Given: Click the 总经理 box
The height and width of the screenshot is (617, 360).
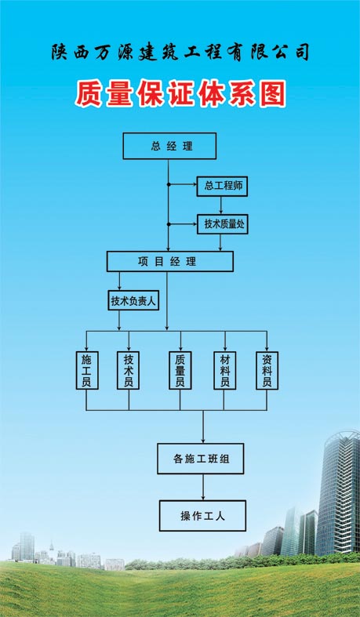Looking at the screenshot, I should point(169,146).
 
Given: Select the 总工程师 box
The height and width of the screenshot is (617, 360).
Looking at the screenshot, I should point(221,186).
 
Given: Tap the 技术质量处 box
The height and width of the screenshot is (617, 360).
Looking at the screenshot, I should point(224,223).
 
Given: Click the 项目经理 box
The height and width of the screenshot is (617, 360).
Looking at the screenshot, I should point(169,261).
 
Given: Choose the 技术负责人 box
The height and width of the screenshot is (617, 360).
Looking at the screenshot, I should point(133,300).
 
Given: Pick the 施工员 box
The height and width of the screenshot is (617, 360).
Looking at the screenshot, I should point(86,370).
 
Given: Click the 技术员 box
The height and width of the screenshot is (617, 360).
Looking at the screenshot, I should point(128,370).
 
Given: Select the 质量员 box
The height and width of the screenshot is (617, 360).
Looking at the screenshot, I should point(180,370).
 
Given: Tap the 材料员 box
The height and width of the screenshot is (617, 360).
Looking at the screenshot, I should point(225,370).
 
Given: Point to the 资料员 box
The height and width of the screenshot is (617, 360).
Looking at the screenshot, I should point(267,370).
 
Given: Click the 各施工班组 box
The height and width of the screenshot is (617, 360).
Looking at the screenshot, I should point(202,458).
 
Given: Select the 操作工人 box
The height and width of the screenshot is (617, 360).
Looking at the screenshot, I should point(202,516).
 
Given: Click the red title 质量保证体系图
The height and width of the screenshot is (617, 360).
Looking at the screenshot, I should point(180,95).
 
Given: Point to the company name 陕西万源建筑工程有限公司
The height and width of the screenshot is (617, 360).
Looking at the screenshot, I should point(180,53).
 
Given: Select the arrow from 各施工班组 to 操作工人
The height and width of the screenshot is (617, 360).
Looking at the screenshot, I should point(203,487).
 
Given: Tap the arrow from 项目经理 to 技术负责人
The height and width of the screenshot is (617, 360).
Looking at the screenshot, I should point(119,281).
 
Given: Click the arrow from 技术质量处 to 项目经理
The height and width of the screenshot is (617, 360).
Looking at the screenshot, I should point(221,242).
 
